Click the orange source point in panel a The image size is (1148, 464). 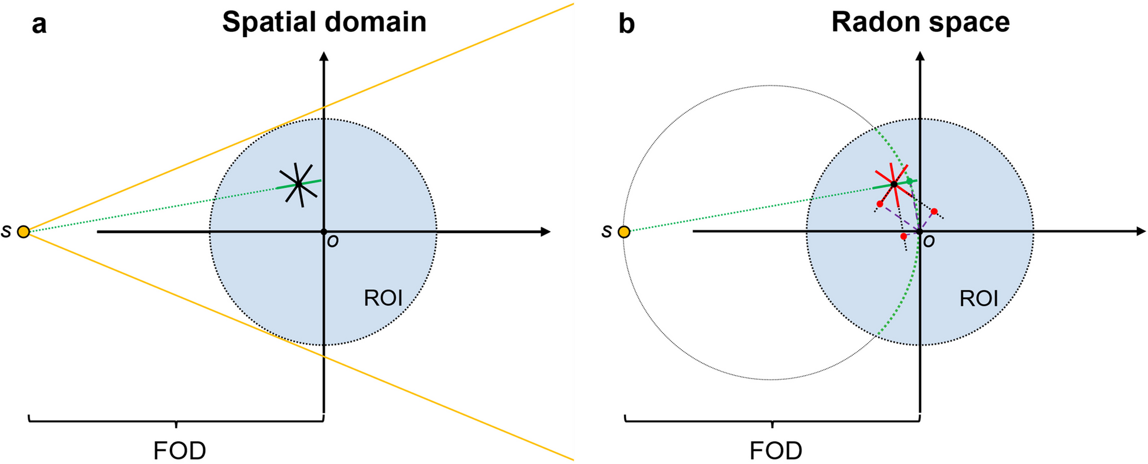(x=23, y=231)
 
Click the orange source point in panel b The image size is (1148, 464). (x=624, y=231)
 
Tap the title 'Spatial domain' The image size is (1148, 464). (x=324, y=22)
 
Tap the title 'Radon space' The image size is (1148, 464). (x=921, y=22)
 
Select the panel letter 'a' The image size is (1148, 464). (x=39, y=25)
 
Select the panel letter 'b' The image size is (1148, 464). (x=626, y=25)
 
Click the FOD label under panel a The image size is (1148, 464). (x=180, y=451)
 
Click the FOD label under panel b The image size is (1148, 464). (x=776, y=451)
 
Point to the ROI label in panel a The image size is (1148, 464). (x=383, y=298)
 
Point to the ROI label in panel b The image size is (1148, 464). (x=979, y=299)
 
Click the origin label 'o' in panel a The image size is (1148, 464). (x=333, y=241)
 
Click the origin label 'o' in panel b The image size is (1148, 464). (x=929, y=241)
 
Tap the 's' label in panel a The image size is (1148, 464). (x=6, y=231)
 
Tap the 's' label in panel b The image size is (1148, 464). (x=607, y=231)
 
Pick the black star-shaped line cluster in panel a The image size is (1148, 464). (x=299, y=184)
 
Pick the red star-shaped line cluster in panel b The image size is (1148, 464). (x=893, y=184)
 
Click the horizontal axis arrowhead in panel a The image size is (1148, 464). (x=546, y=232)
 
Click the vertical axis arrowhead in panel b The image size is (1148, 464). (x=921, y=57)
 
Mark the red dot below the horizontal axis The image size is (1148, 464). (x=904, y=236)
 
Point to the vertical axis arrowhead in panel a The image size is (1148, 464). (x=324, y=57)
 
